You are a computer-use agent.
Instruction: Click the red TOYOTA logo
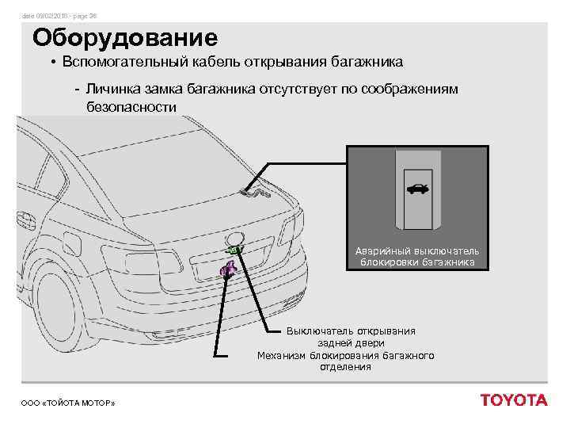514,400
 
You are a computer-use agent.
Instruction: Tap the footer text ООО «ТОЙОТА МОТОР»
68,404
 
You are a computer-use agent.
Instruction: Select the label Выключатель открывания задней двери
351,337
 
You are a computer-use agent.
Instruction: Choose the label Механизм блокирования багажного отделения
346,361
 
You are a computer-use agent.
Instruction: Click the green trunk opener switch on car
234,250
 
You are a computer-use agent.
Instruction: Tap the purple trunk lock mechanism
228,271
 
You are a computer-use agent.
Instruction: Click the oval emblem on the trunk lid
234,237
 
